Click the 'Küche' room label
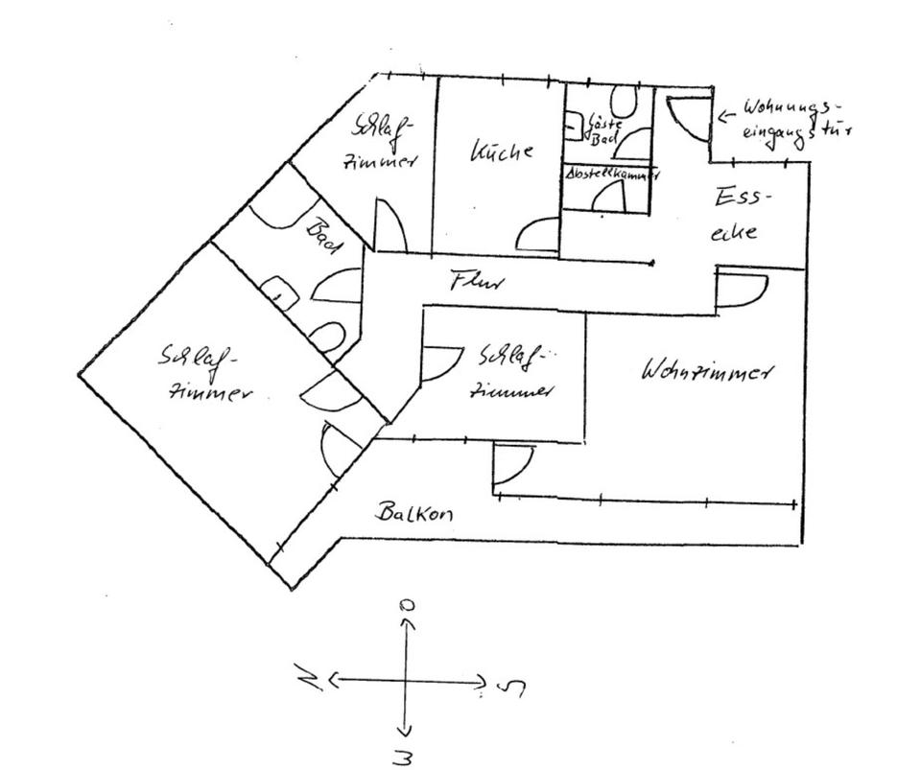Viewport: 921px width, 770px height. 501,152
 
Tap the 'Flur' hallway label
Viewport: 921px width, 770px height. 477,283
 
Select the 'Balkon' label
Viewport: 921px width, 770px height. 413,513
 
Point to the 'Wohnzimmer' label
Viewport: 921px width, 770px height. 707,371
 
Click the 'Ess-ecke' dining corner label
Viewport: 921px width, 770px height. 740,214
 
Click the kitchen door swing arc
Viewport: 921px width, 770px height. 539,233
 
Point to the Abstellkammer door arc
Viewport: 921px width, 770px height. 610,197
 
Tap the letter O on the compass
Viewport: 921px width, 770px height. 408,606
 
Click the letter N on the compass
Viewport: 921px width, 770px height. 309,681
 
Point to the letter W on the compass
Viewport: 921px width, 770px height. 404,757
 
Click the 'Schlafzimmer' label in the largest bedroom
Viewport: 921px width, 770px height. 202,375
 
